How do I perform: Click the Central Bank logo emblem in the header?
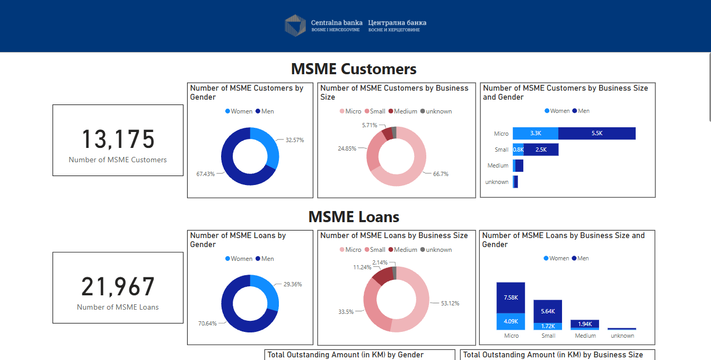coord(295,25)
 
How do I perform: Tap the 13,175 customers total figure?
coord(118,139)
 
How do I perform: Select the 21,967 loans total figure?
coord(118,286)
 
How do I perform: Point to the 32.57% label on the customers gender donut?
coord(295,140)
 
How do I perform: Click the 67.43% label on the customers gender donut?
coord(205,174)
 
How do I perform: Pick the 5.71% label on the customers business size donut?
coord(370,126)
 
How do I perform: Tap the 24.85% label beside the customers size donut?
coord(347,148)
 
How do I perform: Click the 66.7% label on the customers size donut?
coord(441,174)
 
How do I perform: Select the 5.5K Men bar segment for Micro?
coord(596,133)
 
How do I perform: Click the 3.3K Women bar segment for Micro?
coord(536,133)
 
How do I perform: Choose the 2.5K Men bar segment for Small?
coord(541,150)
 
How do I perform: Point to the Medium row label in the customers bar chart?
coord(498,166)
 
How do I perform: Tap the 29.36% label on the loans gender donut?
coord(293,284)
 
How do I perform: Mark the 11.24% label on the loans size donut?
coord(362,267)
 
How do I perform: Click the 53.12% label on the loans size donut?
coord(450,303)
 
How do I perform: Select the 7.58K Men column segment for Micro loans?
coord(511,298)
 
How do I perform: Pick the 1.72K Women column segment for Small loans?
coord(548,327)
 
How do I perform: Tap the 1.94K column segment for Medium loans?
coord(585,324)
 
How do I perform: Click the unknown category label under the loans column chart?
coord(622,336)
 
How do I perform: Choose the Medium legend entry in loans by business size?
coord(403,250)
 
